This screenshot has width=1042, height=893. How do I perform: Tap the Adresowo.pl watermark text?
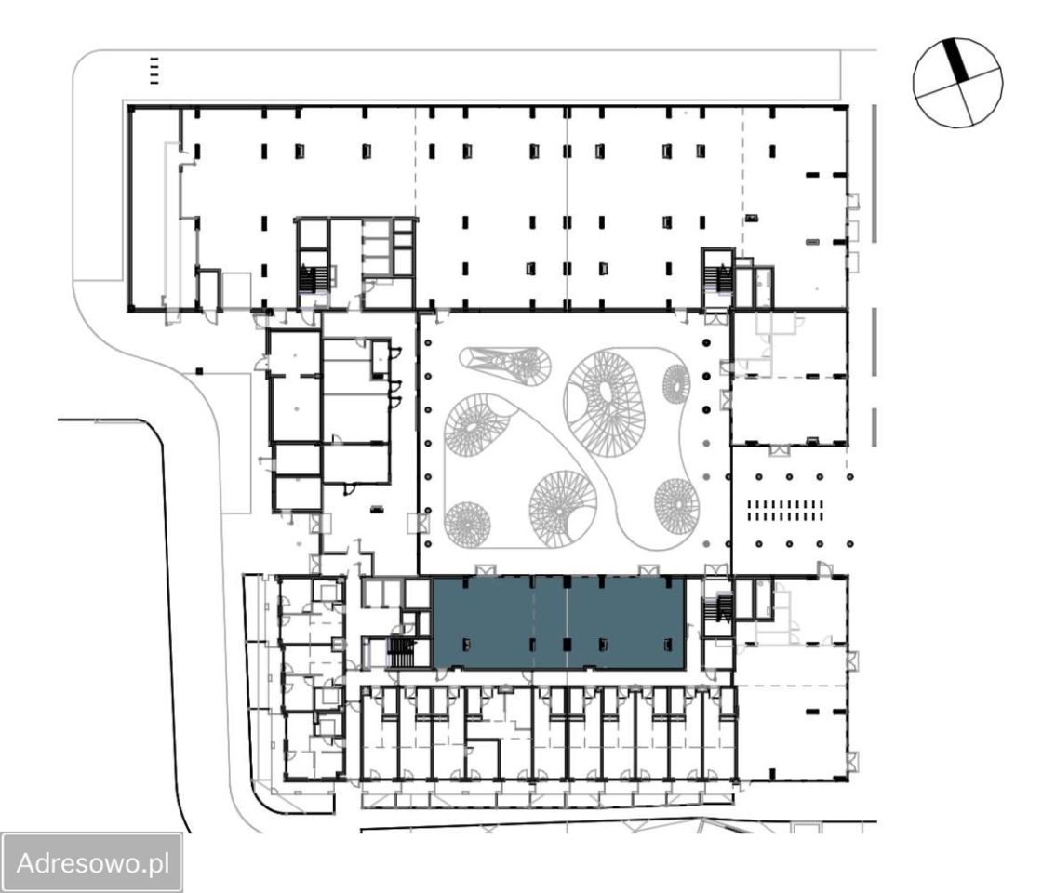coord(93,862)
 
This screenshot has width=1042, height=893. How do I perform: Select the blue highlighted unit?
coord(558,622)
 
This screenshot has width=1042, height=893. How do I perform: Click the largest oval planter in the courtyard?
coord(605,403)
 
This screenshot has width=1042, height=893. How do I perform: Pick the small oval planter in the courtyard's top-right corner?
coord(676,384)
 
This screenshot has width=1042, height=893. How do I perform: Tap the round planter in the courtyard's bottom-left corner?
coord(467,525)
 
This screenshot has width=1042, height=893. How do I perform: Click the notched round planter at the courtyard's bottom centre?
coord(563,509)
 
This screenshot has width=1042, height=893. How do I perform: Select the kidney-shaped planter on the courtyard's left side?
coord(475,425)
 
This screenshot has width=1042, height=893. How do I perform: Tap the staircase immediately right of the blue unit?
coord(720,606)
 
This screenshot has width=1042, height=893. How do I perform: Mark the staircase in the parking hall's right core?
coord(718,278)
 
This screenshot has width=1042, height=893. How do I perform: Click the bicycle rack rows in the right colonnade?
coord(785,511)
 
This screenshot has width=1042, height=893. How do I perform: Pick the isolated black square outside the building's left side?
coord(199,370)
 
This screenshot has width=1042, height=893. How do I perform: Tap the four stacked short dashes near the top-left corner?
coord(154,71)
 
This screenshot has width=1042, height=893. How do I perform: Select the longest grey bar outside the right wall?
coord(875,173)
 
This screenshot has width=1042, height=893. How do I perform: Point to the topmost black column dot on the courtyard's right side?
coord(706,342)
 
